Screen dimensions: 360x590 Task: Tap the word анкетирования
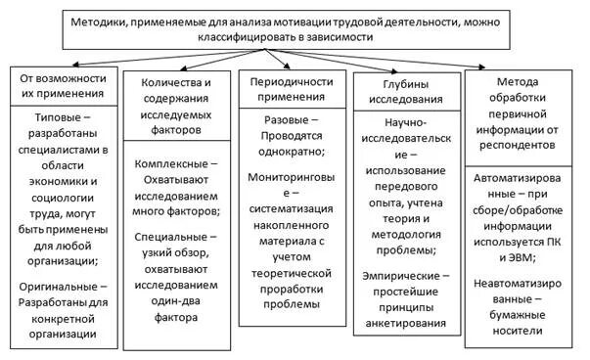(402, 322)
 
